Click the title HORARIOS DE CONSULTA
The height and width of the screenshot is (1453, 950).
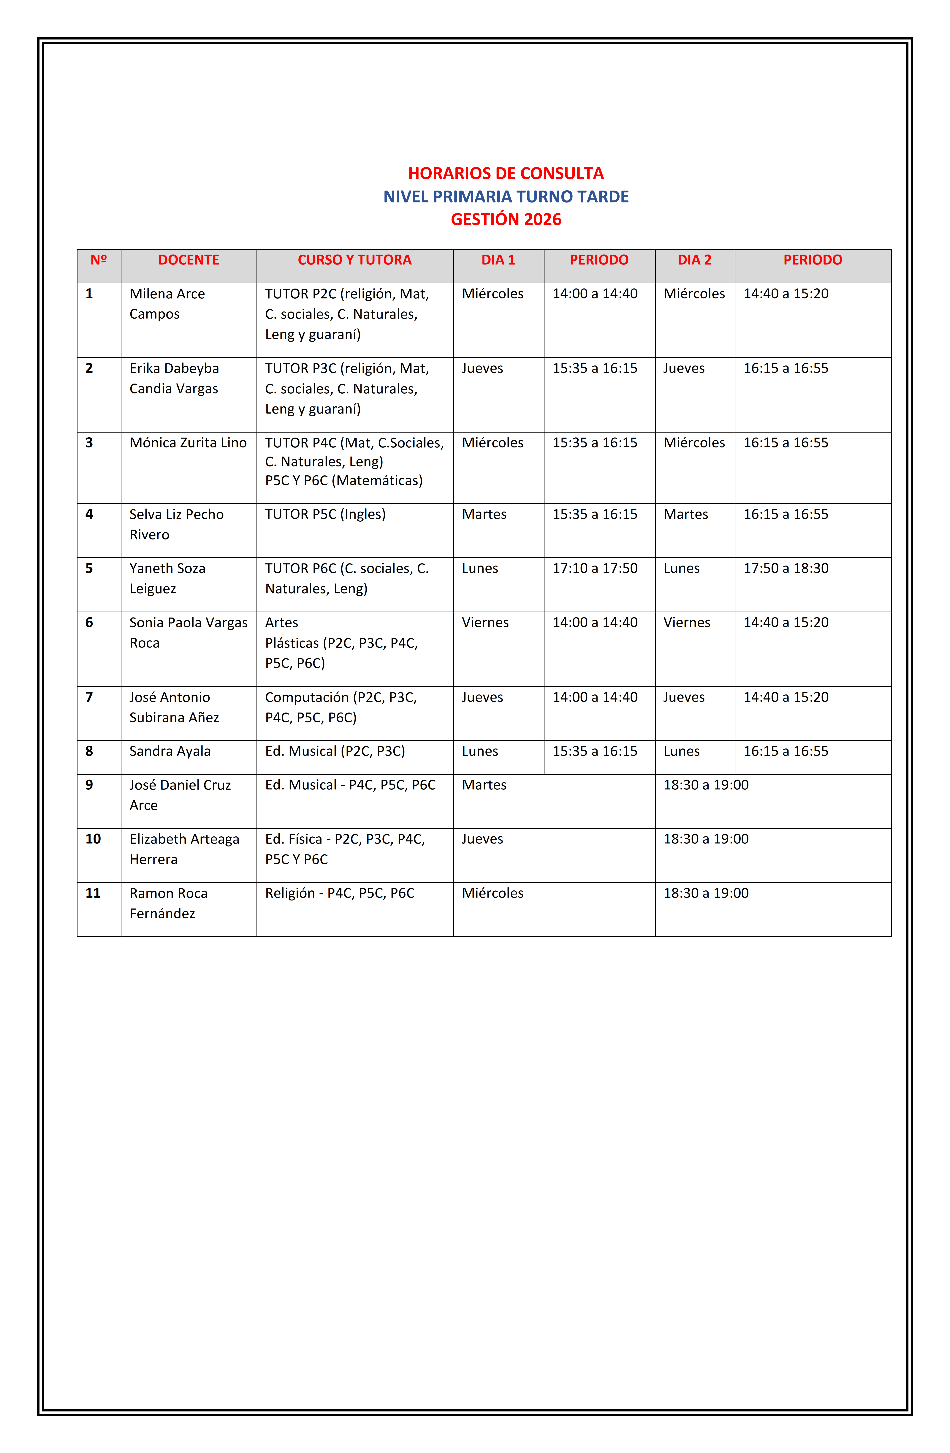point(506,173)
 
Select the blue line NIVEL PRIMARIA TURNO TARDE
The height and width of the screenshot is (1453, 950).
point(506,197)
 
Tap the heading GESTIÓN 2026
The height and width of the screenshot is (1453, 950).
point(506,219)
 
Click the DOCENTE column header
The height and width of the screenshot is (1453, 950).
point(189,260)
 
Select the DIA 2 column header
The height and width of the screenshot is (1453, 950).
point(694,260)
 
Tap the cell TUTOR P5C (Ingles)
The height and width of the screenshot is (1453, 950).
point(325,514)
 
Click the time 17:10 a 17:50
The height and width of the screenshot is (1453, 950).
point(595,568)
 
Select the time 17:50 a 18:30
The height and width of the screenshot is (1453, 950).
point(786,568)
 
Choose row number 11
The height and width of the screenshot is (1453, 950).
point(93,893)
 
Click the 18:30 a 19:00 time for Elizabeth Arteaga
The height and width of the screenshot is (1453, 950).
point(706,839)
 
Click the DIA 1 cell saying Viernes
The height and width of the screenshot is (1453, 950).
point(485,623)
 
